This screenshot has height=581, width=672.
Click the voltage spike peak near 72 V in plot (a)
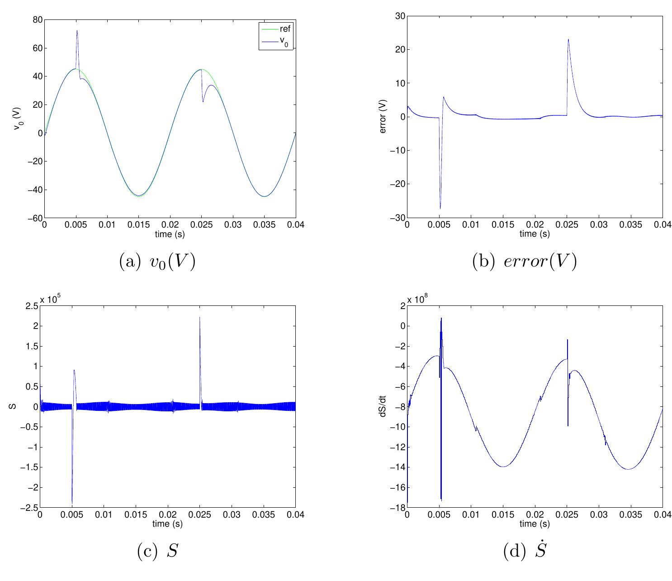point(77,31)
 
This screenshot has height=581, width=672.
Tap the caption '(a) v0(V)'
point(157,262)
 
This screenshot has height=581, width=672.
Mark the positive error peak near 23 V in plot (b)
point(568,39)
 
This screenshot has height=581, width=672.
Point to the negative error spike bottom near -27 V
point(440,209)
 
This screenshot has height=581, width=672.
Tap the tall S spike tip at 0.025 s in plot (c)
point(200,317)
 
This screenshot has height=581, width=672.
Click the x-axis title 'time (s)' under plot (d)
point(535,524)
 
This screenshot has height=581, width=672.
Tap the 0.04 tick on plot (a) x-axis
point(296,225)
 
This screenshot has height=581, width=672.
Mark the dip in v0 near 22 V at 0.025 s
point(203,101)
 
